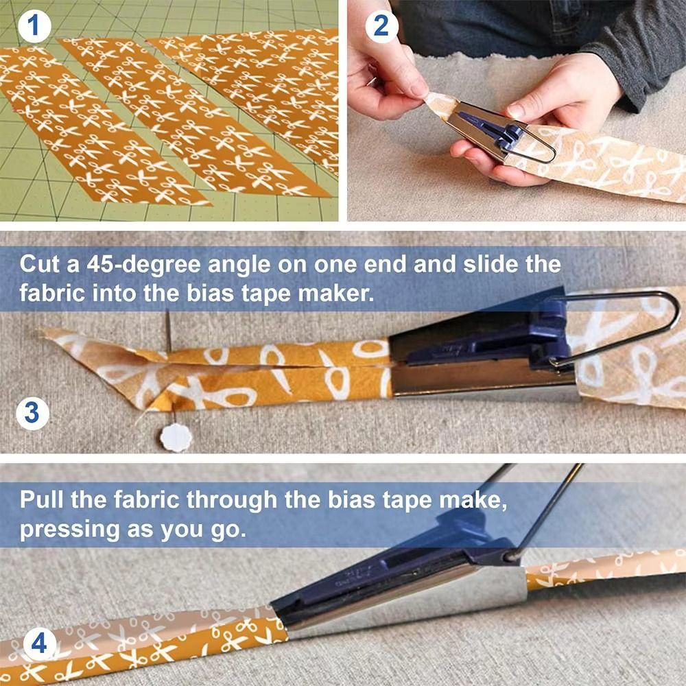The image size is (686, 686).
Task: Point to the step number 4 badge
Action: click(x=39, y=644)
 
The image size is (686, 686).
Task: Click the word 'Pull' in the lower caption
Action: click(x=43, y=499)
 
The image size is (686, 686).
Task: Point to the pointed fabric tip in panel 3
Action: click(x=48, y=334)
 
